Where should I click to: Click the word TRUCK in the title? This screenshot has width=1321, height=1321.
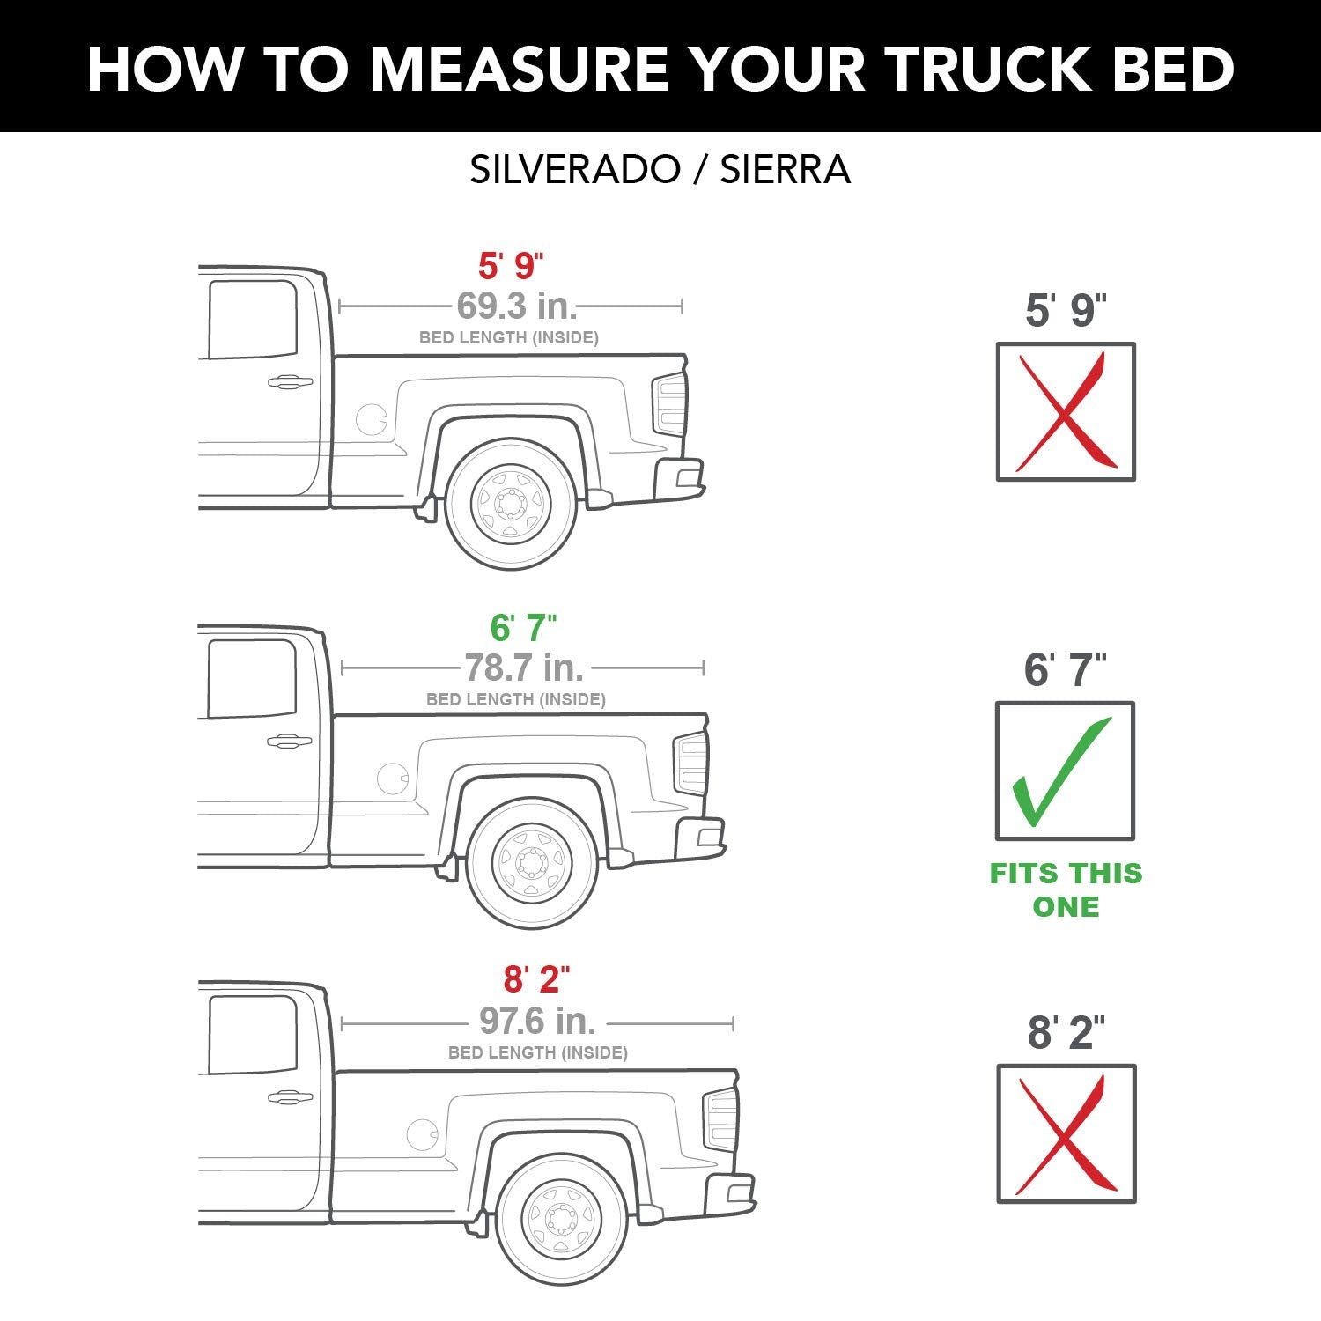coord(988,69)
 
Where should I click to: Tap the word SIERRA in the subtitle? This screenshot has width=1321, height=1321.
coord(785,169)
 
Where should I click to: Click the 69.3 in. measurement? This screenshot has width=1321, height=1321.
coord(516,306)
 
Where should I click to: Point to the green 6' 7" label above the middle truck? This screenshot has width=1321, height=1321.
coord(523,628)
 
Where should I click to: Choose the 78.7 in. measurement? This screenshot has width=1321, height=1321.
coord(524,668)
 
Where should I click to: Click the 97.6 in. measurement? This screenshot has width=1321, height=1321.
coord(537,1022)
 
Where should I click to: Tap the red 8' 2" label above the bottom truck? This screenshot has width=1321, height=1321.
coord(536,979)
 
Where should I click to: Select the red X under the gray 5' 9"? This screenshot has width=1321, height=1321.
coord(1066,412)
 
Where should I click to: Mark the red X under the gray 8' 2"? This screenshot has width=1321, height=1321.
coord(1066,1134)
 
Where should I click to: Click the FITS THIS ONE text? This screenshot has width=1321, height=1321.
coord(1066,889)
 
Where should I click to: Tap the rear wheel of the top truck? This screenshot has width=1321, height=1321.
coord(511,504)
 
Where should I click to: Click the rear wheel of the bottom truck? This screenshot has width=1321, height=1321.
coord(561,1219)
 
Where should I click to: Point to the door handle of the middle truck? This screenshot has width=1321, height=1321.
coord(289,742)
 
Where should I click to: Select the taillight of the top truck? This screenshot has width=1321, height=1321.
coord(670,404)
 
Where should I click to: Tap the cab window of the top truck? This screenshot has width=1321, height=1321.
coord(253,320)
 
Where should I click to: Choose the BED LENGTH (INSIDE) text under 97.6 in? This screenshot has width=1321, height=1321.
coord(537,1052)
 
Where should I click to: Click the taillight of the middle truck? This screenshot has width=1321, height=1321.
coord(690,764)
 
